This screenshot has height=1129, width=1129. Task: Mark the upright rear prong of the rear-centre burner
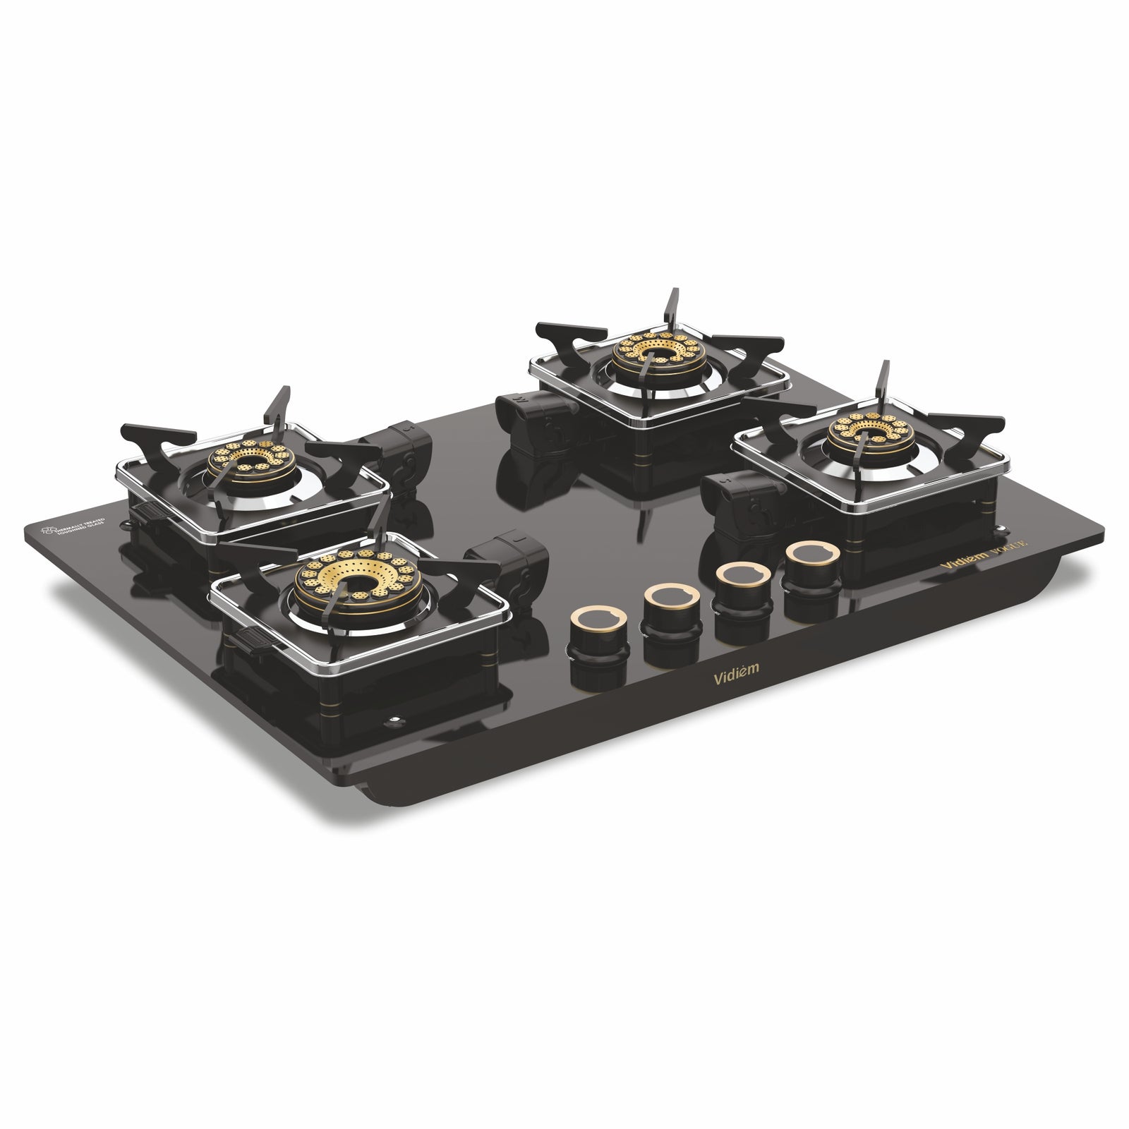[x=672, y=305]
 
